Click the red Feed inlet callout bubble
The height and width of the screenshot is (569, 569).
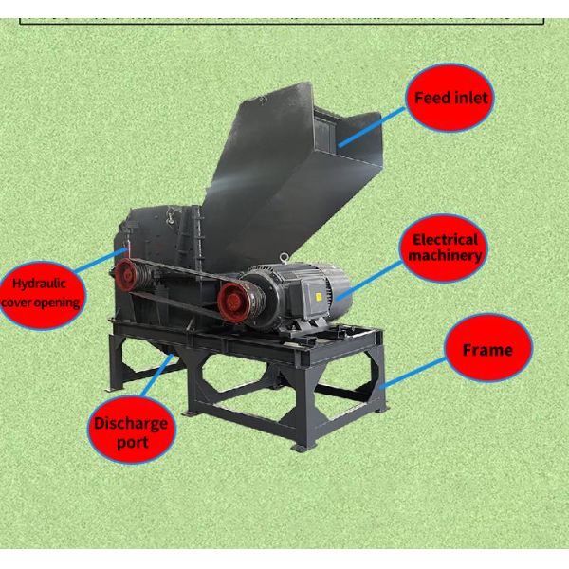(x=450, y=98)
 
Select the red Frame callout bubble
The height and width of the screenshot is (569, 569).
(x=488, y=349)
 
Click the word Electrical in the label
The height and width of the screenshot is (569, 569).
(x=446, y=240)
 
